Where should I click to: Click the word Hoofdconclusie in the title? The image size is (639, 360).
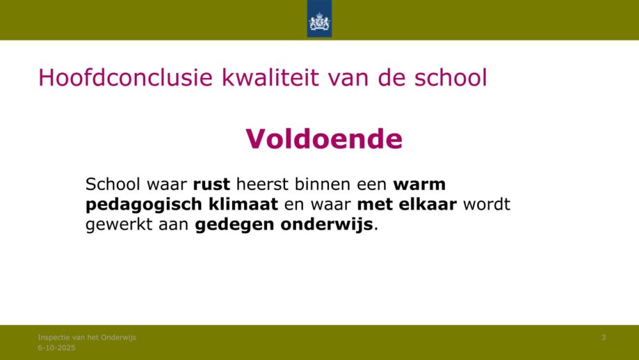click(125, 77)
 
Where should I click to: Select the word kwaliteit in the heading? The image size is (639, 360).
click(270, 77)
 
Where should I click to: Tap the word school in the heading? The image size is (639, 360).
click(450, 77)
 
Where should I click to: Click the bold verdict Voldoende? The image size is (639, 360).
click(324, 139)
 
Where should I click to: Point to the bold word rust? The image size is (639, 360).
click(212, 184)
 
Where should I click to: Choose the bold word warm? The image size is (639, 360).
click(419, 184)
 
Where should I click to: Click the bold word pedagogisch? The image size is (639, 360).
click(144, 205)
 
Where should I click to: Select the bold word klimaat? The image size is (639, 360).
click(243, 204)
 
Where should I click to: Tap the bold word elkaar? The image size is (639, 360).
click(427, 204)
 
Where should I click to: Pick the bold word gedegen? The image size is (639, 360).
click(235, 224)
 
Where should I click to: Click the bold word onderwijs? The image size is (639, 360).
click(327, 224)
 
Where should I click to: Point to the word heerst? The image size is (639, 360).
click(262, 184)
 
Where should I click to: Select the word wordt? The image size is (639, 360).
click(486, 204)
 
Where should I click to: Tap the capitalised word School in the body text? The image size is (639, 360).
click(113, 184)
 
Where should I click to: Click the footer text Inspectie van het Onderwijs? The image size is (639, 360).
click(87, 337)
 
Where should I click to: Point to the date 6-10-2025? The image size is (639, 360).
click(57, 348)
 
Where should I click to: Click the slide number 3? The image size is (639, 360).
click(604, 337)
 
